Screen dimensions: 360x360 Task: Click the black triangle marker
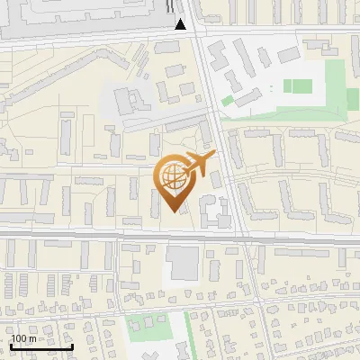coord(181,23)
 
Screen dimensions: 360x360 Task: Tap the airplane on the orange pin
coord(199,163)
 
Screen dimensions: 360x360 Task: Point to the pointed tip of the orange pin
coord(175,211)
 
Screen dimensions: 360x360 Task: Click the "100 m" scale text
coord(23,338)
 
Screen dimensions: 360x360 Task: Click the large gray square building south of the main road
coord(183,263)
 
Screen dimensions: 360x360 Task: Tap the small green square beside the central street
coord(228,100)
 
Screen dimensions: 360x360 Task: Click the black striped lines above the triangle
coord(172,7)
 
